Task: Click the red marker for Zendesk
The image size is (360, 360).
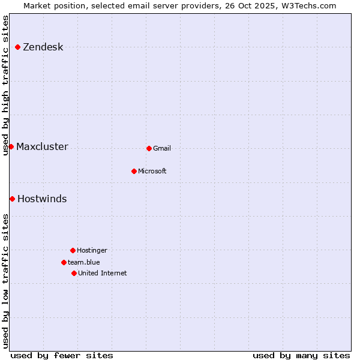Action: coord(17,47)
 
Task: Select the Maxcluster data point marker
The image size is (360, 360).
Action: coord(11,146)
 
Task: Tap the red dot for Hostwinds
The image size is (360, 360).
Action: coord(12,199)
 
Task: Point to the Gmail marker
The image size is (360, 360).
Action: coord(149,148)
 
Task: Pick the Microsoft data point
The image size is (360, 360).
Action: coord(134,171)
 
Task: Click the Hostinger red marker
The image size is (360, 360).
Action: coord(73,250)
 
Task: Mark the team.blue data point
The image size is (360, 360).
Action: coord(64,262)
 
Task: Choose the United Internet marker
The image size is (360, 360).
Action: coord(74,273)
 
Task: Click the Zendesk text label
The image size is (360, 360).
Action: coord(43,47)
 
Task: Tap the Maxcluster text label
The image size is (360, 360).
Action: coord(42,147)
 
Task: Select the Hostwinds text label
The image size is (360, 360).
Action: coord(42,199)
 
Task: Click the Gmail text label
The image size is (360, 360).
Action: coord(162,149)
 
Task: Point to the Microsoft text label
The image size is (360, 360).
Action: coord(152,172)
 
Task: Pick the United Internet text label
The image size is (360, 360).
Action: coord(103,274)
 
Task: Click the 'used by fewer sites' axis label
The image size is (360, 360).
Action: coord(62,355)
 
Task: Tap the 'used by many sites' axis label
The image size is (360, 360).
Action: coord(301,355)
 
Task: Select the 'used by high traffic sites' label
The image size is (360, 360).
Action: coord(6,85)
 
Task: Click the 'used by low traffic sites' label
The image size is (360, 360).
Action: coord(6,281)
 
